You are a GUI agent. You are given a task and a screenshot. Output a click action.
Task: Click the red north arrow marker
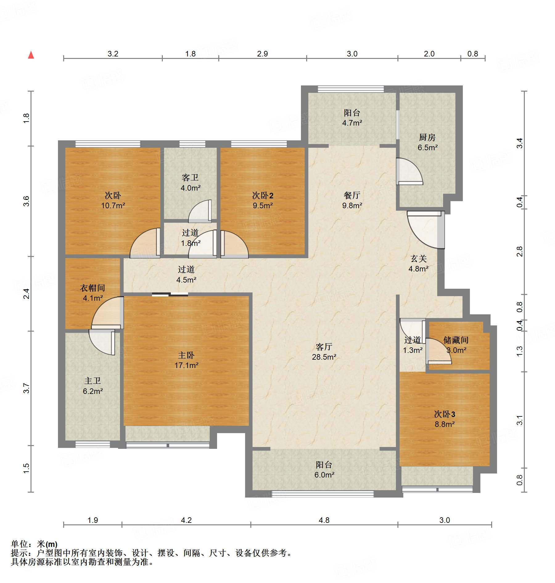(x=31, y=55)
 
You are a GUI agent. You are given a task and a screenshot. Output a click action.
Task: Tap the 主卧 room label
(x=186, y=355)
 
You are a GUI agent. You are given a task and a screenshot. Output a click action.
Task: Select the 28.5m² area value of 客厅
(x=324, y=357)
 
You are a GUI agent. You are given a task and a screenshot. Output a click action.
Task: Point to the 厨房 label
(x=427, y=137)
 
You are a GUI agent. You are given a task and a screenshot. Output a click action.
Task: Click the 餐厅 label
(x=352, y=195)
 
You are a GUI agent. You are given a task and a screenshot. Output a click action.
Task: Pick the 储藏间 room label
(x=456, y=340)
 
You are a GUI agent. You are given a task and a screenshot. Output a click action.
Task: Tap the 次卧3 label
(x=445, y=414)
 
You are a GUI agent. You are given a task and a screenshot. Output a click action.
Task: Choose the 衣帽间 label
(x=92, y=288)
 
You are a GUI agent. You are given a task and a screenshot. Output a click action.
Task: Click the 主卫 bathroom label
(x=92, y=381)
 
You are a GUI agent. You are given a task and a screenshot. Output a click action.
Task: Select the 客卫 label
(x=190, y=178)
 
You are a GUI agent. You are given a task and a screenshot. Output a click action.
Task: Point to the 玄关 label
(x=418, y=258)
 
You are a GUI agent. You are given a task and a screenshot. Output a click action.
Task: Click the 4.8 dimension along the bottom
(x=324, y=520)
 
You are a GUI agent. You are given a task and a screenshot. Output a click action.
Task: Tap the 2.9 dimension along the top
(x=262, y=54)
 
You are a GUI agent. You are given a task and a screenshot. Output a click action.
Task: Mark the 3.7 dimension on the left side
(x=27, y=388)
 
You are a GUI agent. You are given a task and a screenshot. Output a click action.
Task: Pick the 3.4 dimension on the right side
(x=520, y=143)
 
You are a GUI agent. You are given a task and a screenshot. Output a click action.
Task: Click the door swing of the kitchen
(x=409, y=172)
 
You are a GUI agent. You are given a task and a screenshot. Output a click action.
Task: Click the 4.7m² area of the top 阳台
(x=352, y=123)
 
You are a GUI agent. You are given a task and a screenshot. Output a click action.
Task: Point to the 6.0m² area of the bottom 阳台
(x=324, y=475)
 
